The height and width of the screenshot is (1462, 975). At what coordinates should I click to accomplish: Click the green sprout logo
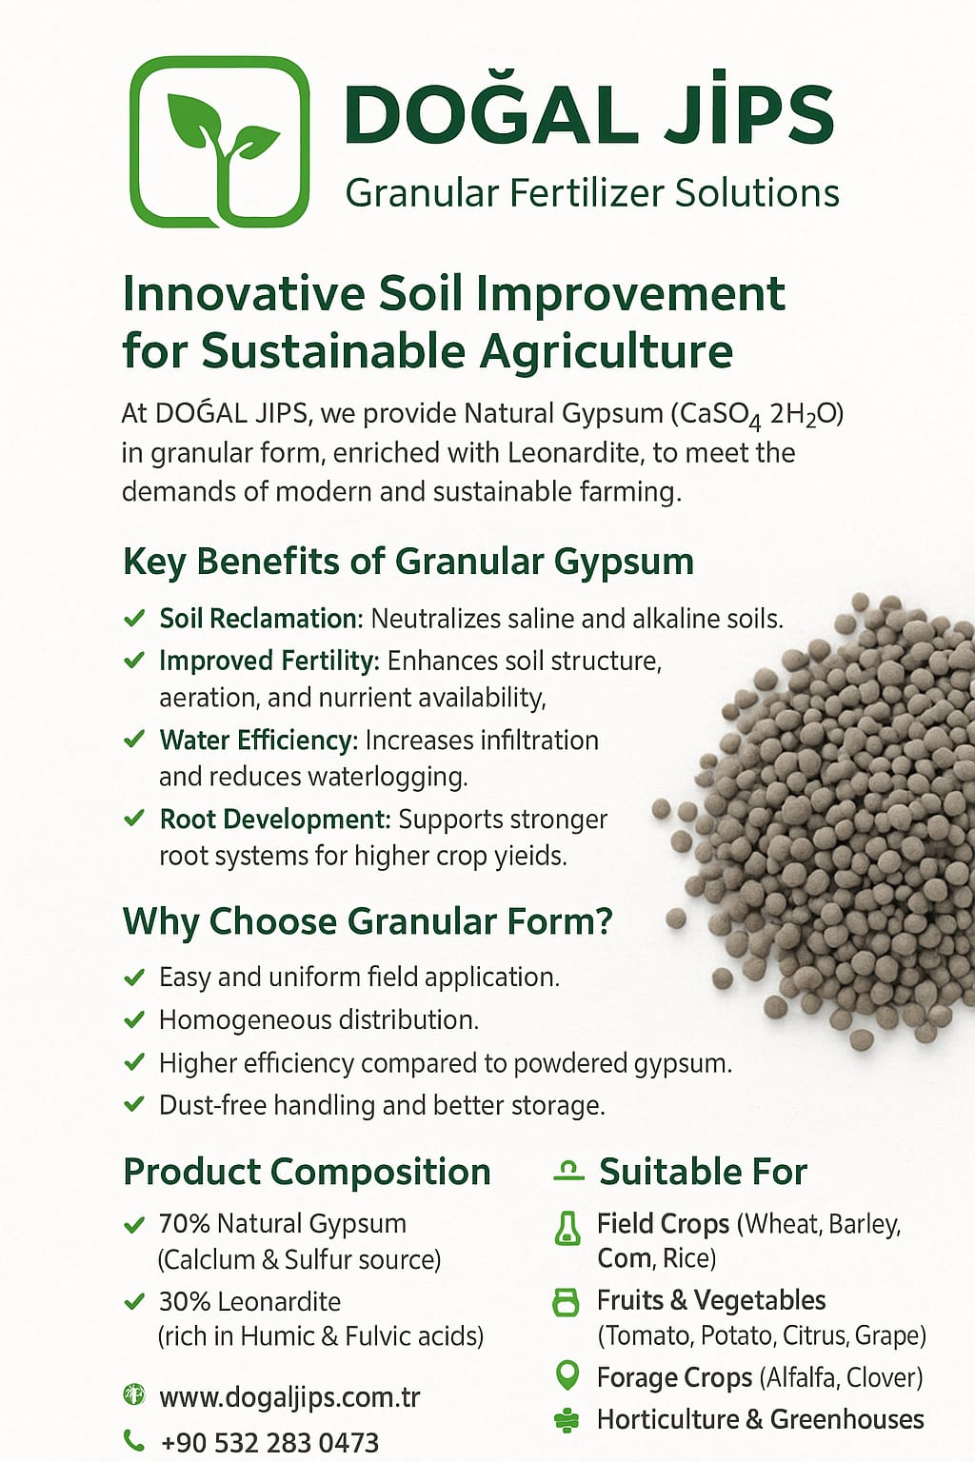[219, 142]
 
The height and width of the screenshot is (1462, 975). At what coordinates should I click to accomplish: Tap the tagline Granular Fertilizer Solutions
[592, 194]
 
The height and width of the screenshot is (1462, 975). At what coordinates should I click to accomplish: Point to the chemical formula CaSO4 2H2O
[758, 416]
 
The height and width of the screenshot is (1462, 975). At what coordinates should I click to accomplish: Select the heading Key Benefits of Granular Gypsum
[408, 562]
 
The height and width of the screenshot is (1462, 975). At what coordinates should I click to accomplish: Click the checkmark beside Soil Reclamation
[134, 618]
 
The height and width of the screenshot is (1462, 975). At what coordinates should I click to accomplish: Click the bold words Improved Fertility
[269, 662]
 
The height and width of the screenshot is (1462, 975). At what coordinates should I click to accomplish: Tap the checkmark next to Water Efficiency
[134, 739]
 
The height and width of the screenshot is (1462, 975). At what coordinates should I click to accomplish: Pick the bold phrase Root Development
[275, 820]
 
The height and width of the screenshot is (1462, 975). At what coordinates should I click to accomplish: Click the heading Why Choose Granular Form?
[368, 921]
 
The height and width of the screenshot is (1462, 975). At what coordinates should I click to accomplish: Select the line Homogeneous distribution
[319, 1020]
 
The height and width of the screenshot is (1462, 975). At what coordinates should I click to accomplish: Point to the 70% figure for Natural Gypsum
[184, 1224]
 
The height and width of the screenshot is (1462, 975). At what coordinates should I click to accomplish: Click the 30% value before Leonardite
[184, 1302]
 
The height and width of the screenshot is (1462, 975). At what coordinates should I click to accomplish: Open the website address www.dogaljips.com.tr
[289, 1397]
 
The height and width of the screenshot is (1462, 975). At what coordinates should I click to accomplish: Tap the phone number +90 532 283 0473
[269, 1443]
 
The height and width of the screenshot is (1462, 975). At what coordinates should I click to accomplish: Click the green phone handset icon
[134, 1440]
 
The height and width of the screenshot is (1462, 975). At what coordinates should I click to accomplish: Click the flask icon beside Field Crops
[567, 1228]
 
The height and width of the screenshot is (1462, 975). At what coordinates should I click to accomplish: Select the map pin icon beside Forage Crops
[567, 1375]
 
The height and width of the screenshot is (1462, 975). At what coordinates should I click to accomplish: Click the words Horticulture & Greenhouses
[760, 1419]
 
